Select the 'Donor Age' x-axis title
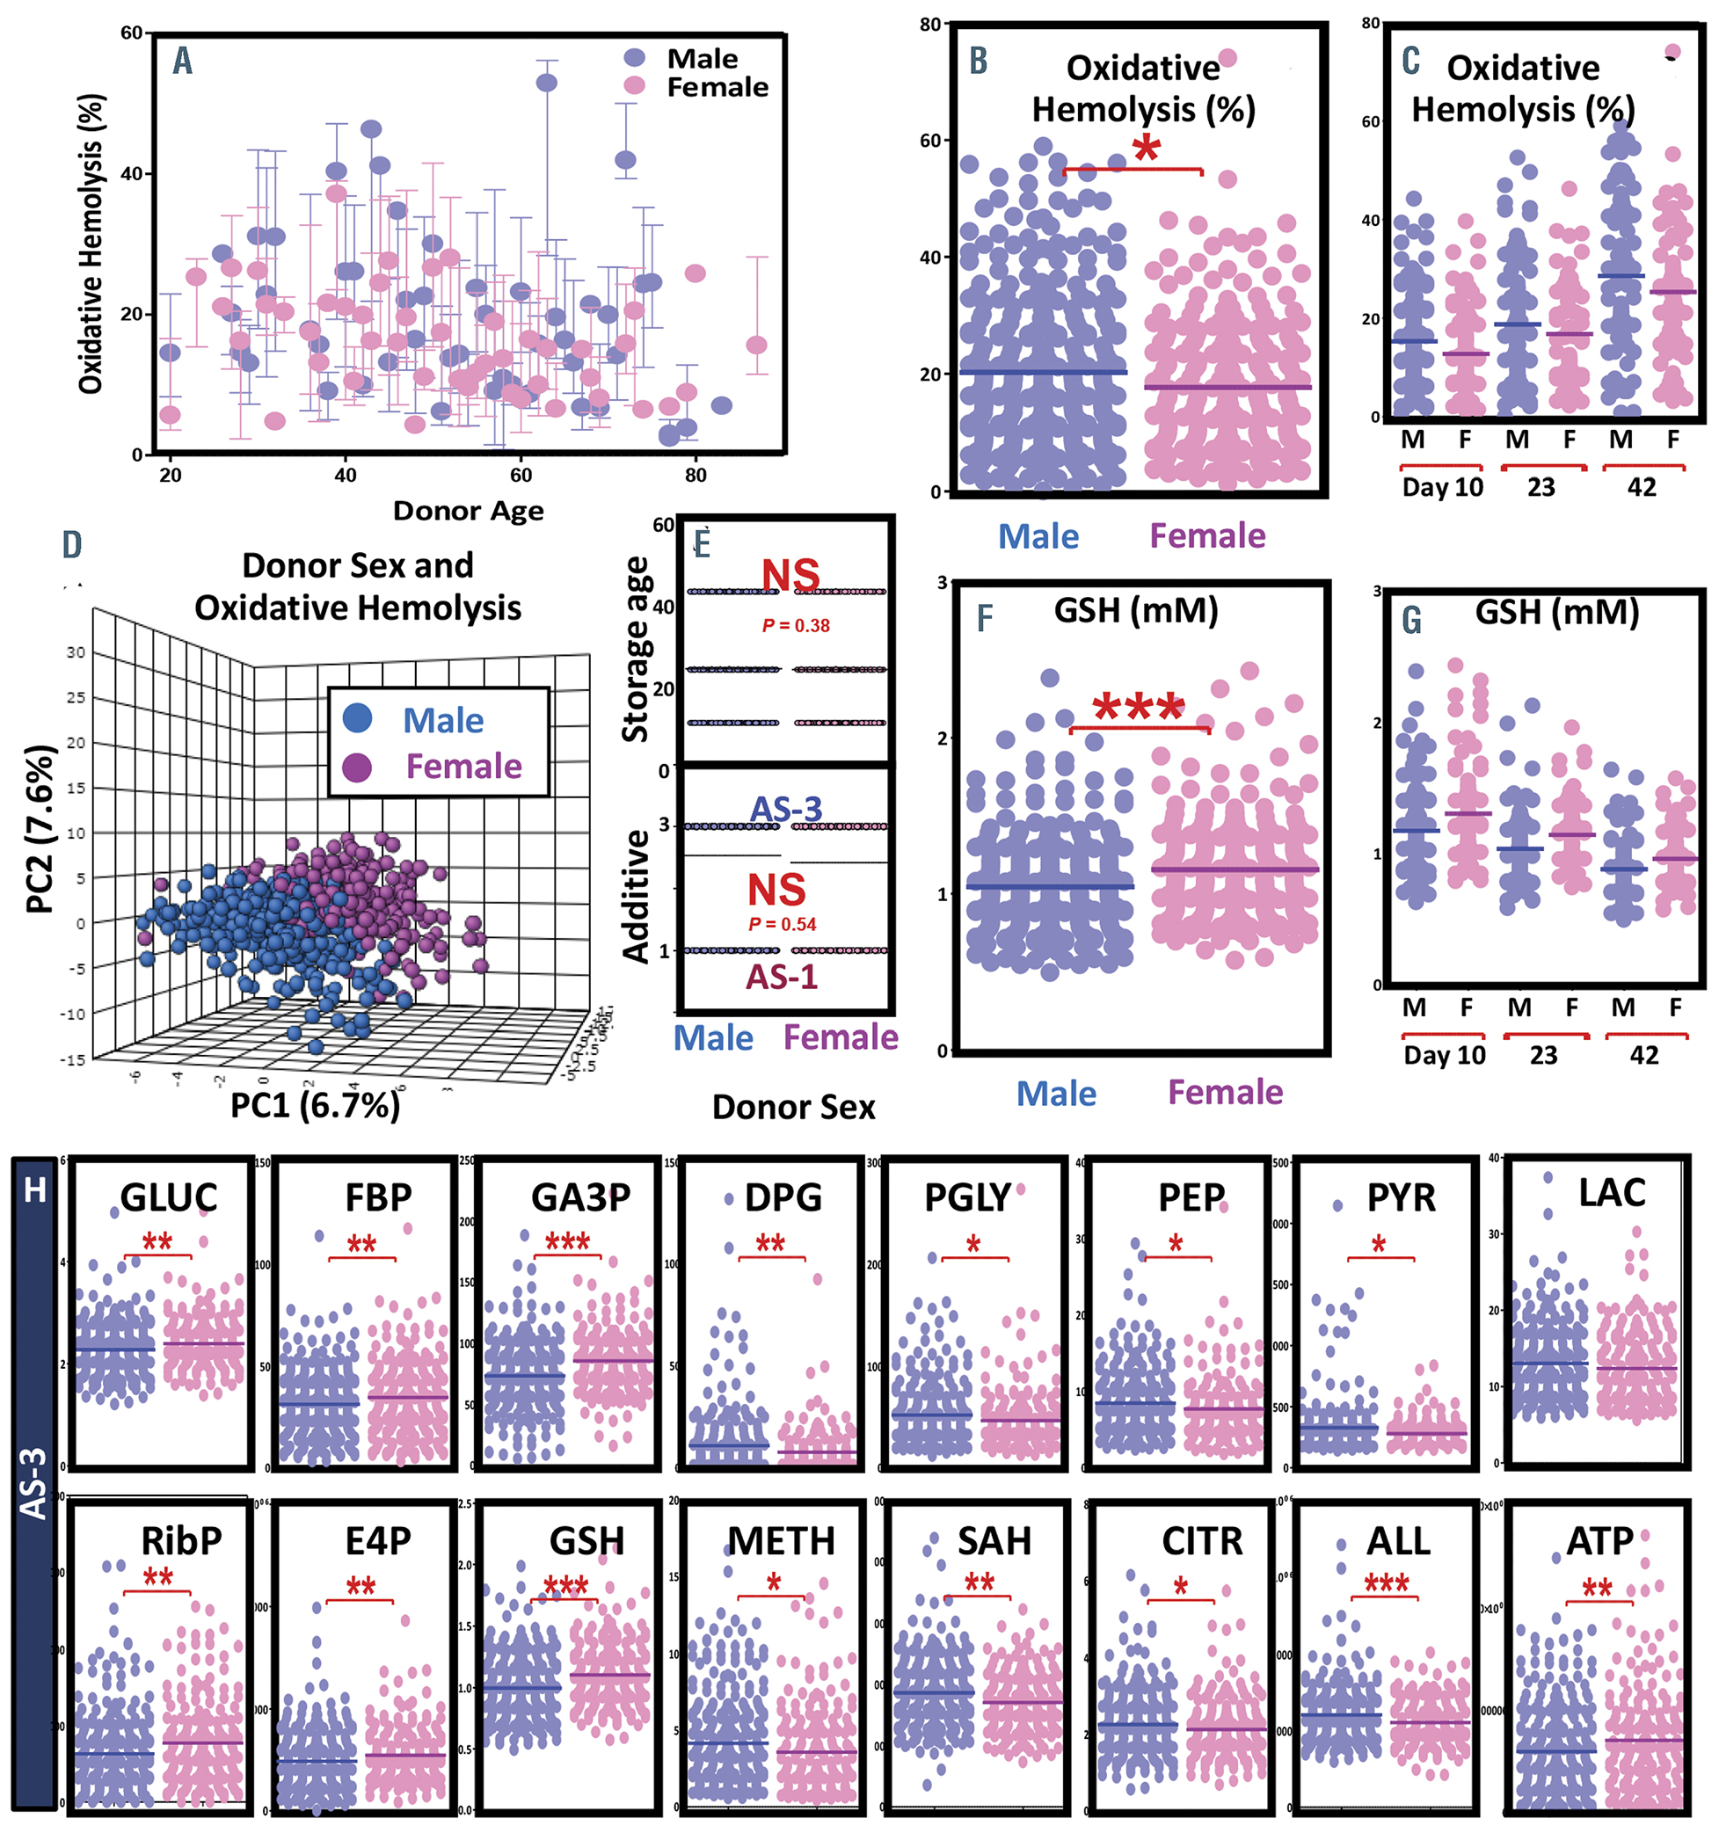[x=468, y=511]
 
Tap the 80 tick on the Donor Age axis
[x=696, y=475]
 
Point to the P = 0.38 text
[x=795, y=626]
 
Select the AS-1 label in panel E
[x=782, y=978]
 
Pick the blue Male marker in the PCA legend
[x=358, y=718]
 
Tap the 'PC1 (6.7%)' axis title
[x=315, y=1104]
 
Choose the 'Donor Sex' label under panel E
[x=793, y=1108]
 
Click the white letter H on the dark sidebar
[x=35, y=1190]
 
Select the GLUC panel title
[x=169, y=1197]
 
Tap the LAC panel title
[x=1611, y=1193]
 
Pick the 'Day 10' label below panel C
[x=1442, y=488]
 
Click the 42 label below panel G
[x=1643, y=1055]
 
